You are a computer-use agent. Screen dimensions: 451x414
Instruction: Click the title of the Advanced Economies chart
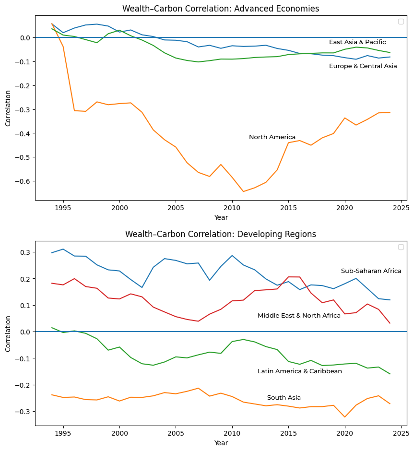pyautogui.click(x=221, y=9)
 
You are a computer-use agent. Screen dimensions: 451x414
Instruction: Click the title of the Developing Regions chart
pyautogui.click(x=221, y=234)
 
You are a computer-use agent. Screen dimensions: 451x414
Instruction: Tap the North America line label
pyautogui.click(x=272, y=137)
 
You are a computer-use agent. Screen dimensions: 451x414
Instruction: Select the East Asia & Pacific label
pyautogui.click(x=357, y=42)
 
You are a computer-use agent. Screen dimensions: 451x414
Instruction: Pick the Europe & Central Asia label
pyautogui.click(x=363, y=66)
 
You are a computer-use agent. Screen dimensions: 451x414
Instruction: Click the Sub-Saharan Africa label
pyautogui.click(x=371, y=271)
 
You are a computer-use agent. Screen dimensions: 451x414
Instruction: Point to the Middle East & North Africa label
pyautogui.click(x=299, y=316)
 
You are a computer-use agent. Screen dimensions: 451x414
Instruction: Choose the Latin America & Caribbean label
pyautogui.click(x=299, y=371)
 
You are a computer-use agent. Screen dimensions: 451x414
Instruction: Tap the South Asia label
pyautogui.click(x=284, y=398)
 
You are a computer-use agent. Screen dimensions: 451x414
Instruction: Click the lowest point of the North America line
pyautogui.click(x=243, y=191)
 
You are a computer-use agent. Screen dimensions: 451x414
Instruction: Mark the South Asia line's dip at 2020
pyautogui.click(x=344, y=417)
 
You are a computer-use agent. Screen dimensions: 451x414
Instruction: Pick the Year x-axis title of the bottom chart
pyautogui.click(x=221, y=443)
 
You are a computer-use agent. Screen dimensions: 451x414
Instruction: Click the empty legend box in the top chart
pyautogui.click(x=401, y=21)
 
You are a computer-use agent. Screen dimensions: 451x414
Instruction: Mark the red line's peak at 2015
pyautogui.click(x=288, y=277)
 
